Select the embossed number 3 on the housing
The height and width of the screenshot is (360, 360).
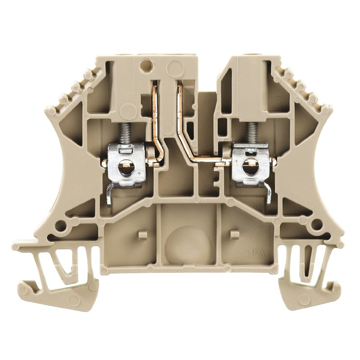click(x=269, y=101)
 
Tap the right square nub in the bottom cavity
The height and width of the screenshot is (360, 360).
click(x=234, y=234)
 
